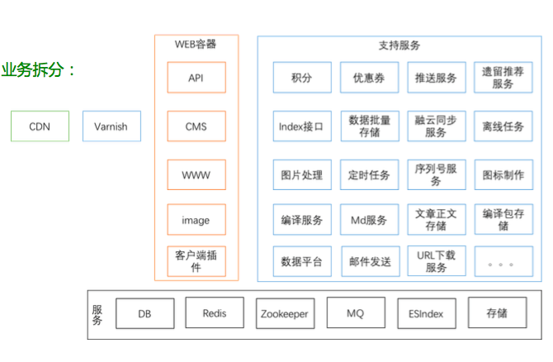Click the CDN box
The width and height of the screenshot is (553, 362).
click(40, 126)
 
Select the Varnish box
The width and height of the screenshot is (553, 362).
click(111, 126)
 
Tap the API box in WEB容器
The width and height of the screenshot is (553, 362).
click(196, 78)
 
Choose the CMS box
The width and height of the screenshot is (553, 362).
click(196, 126)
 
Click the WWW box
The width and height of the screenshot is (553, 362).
click(196, 174)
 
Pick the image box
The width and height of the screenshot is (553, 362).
click(196, 220)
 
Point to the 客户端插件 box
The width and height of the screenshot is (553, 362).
click(196, 261)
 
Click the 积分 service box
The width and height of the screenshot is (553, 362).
click(302, 78)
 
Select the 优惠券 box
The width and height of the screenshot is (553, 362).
click(369, 78)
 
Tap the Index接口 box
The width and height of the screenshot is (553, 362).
click(302, 126)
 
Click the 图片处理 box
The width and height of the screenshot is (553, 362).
click(302, 174)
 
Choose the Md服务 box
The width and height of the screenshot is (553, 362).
click(369, 220)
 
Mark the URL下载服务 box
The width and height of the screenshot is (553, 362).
click(436, 261)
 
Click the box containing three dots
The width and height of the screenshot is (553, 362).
click(502, 261)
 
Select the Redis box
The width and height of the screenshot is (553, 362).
click(215, 313)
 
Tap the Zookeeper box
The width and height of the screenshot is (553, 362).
click(285, 313)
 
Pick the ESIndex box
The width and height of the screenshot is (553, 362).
click(426, 313)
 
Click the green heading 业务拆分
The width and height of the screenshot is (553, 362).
click(38, 70)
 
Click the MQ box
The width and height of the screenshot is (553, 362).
click(356, 313)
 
